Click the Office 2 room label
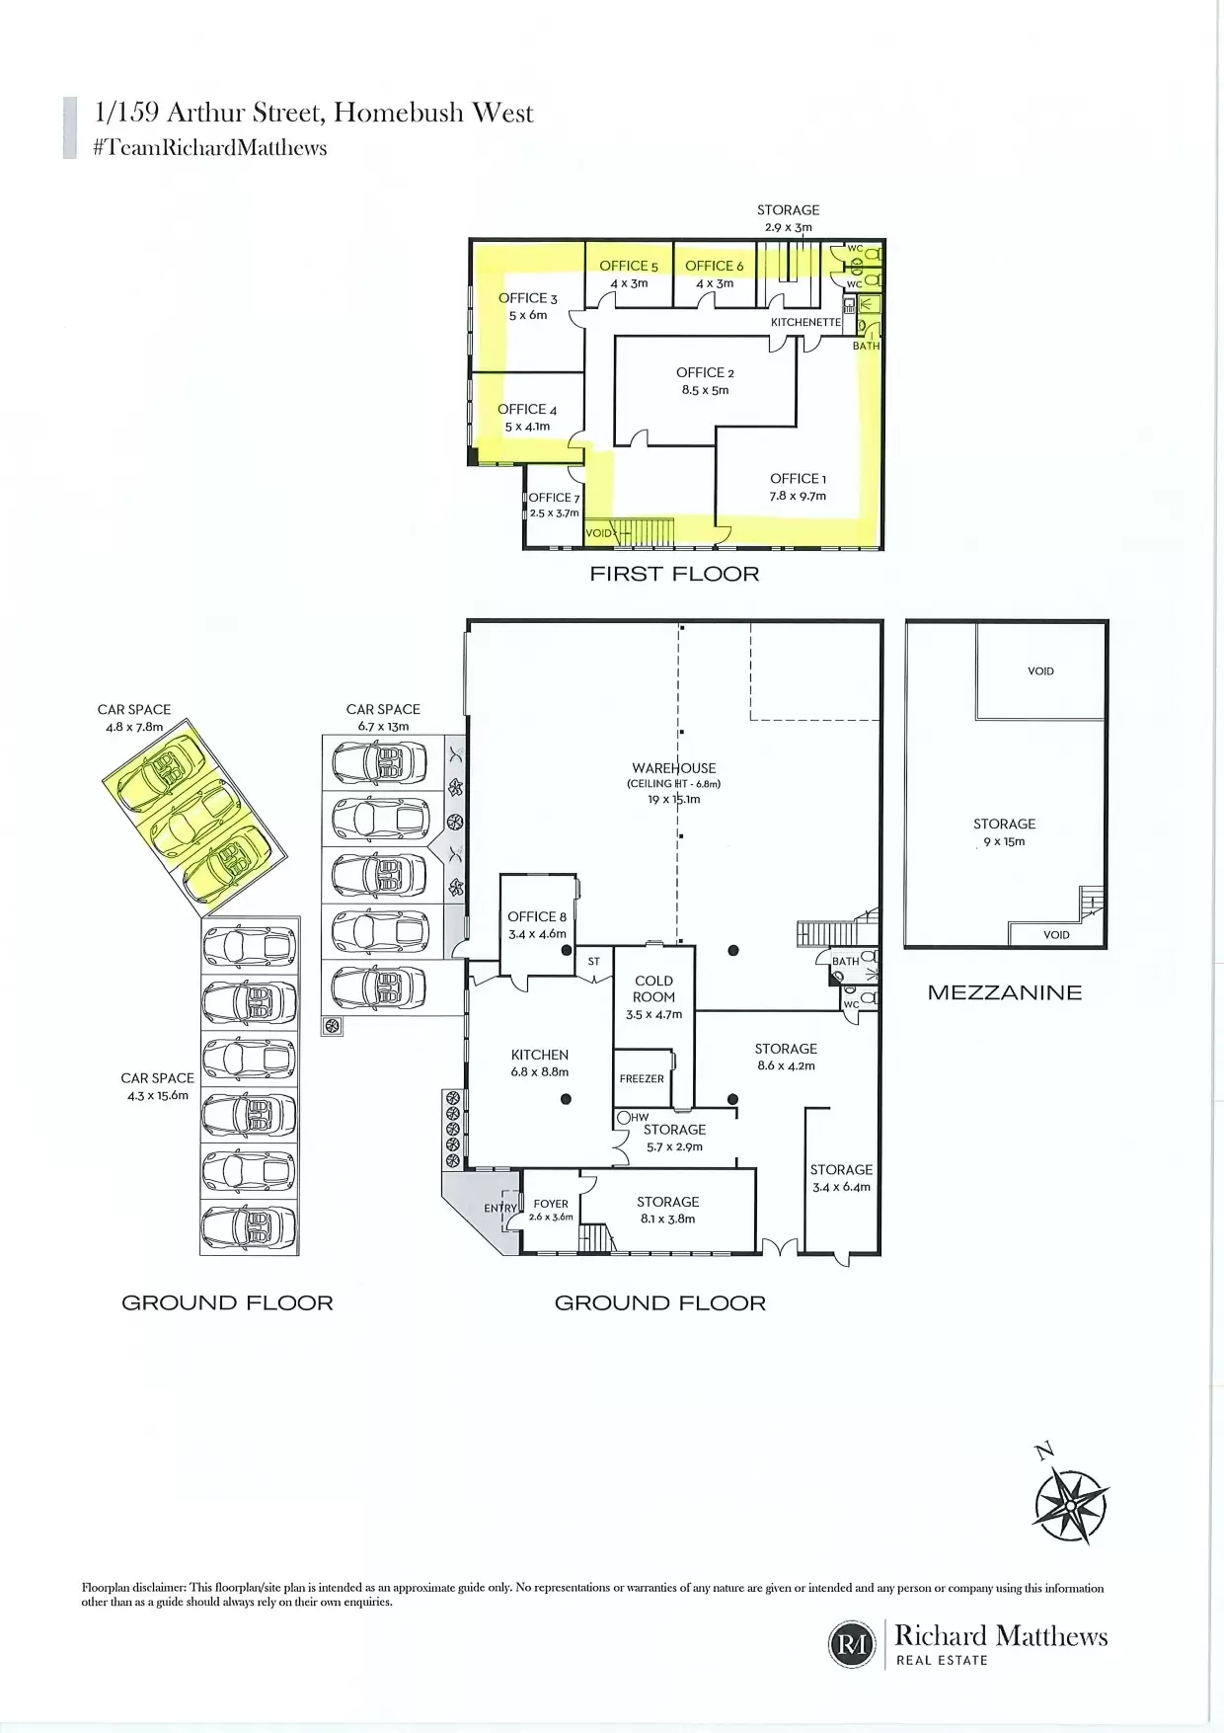pos(705,372)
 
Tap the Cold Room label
pos(653,988)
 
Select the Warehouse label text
pos(674,767)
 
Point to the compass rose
pos(1070,1505)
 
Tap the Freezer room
pos(642,1078)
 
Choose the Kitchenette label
pos(805,322)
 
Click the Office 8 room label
pos(537,916)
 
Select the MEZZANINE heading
pos(1005,992)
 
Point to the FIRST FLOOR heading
pos(674,574)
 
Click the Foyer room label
pos(551,1204)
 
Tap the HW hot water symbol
pos(633,1118)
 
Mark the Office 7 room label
pos(554,498)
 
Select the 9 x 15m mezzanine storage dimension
pos(1004,842)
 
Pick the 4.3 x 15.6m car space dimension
pos(158,1095)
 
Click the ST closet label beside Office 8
pos(594,961)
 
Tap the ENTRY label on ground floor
pos(500,1209)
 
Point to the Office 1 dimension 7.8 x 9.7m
pos(798,496)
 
